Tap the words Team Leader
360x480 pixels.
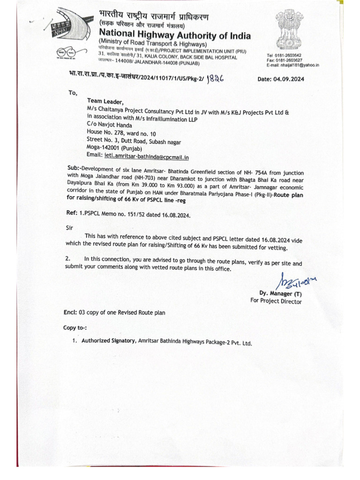coord(105,102)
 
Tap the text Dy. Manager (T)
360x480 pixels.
coord(280,294)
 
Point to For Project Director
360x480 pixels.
coord(276,301)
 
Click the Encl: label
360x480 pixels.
coord(71,313)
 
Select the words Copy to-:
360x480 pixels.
coord(75,327)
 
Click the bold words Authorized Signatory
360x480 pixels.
coord(108,342)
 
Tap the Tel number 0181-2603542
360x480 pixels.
coord(289,55)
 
